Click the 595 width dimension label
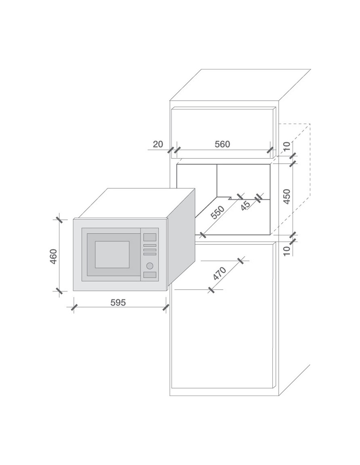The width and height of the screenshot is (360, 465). click(x=118, y=302)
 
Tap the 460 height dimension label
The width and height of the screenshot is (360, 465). click(x=53, y=257)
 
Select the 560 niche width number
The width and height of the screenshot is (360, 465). click(x=222, y=144)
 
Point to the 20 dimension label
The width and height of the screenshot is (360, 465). click(x=158, y=144)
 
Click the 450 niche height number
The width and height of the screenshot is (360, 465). click(x=287, y=197)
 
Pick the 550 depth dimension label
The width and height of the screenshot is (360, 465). click(x=217, y=213)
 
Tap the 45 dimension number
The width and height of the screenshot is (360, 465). click(x=245, y=205)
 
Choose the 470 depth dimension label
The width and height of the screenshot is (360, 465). click(x=220, y=273)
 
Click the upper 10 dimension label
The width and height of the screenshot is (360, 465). click(x=287, y=146)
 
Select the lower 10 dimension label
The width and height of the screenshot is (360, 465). click(x=287, y=250)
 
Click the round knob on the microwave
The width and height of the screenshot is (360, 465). click(x=150, y=266)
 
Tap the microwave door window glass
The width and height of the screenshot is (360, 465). click(x=112, y=254)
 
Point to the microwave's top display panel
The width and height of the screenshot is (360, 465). click(x=150, y=237)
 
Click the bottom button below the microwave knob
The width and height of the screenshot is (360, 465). click(x=150, y=275)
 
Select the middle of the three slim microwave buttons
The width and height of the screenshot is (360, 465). click(x=150, y=250)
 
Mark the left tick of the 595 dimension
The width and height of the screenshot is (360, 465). click(x=74, y=307)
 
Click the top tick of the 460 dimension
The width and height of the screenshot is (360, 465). click(x=59, y=220)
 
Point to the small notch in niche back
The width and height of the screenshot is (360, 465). click(x=230, y=198)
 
